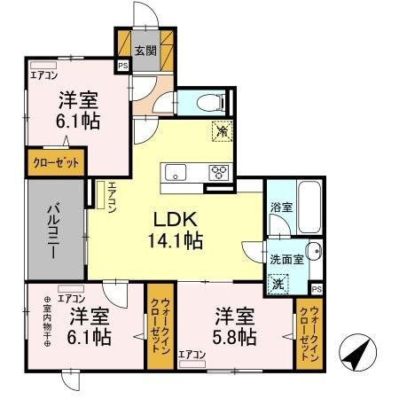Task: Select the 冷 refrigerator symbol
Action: point(220,130)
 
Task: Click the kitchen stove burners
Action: point(218,171)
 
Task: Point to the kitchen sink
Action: point(173,171)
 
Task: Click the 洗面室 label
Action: point(286,262)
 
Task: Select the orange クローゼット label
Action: point(57,164)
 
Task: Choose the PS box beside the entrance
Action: point(122,65)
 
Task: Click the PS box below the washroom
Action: point(316,289)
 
